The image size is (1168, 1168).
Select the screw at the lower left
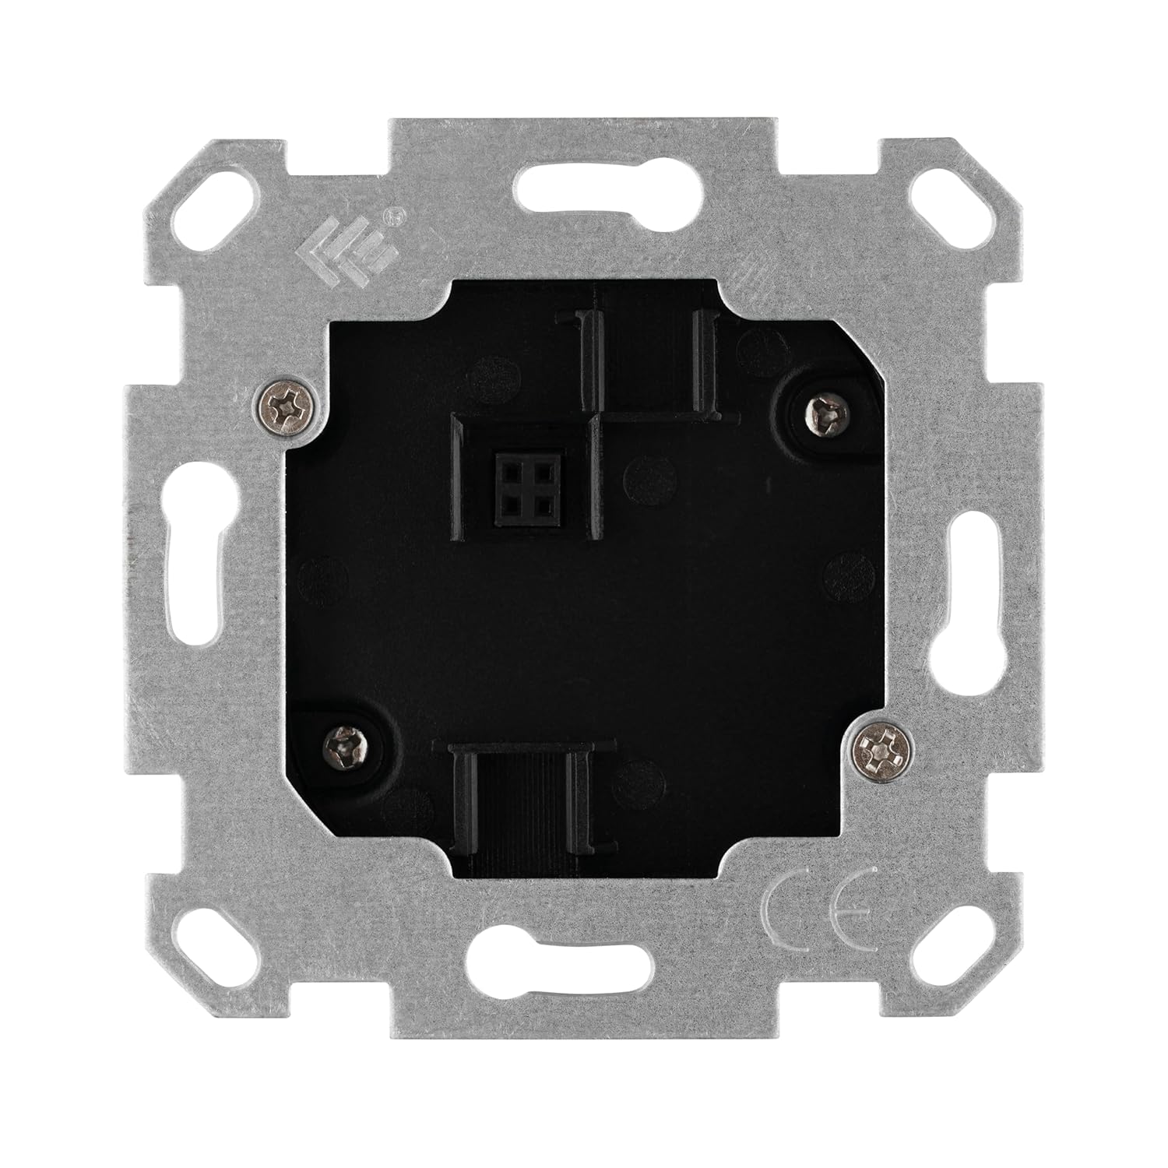[341, 744]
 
